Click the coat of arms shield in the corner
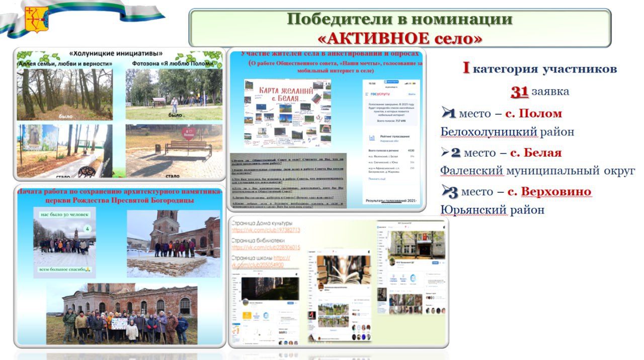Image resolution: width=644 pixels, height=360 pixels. click(36, 19)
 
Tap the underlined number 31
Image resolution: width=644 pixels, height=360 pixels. click(519, 91)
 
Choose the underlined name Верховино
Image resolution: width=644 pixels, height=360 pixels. click(556, 191)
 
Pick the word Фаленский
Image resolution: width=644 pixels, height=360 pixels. click(471, 171)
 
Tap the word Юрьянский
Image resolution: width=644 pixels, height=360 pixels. click(473, 210)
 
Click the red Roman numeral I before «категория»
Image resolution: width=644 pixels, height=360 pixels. click(466, 68)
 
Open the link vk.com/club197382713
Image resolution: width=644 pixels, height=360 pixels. click(266, 230)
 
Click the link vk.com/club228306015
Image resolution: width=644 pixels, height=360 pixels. click(266, 248)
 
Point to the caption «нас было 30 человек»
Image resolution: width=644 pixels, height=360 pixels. click(64, 214)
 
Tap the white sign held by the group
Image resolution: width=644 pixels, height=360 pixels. click(119, 323)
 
